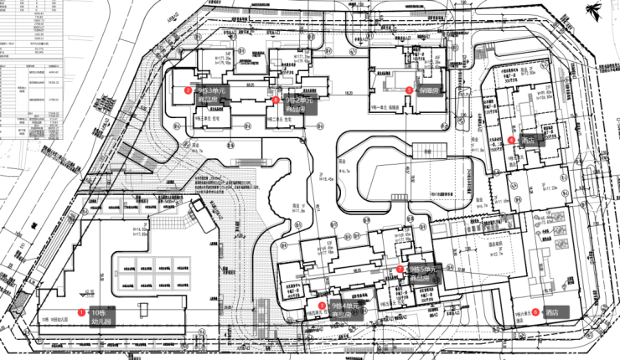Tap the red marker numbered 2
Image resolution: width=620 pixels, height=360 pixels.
click(188, 90)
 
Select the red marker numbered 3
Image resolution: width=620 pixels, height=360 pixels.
click(409, 90)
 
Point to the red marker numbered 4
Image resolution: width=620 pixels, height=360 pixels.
click(511, 140)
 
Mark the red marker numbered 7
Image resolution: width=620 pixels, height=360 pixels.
click(400, 269)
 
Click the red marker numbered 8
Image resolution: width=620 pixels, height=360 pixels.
click(276, 100)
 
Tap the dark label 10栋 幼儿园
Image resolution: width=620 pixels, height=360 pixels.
click(101, 315)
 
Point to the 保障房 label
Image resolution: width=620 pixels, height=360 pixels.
click(430, 90)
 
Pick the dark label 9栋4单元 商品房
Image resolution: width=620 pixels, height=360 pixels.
click(346, 310)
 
